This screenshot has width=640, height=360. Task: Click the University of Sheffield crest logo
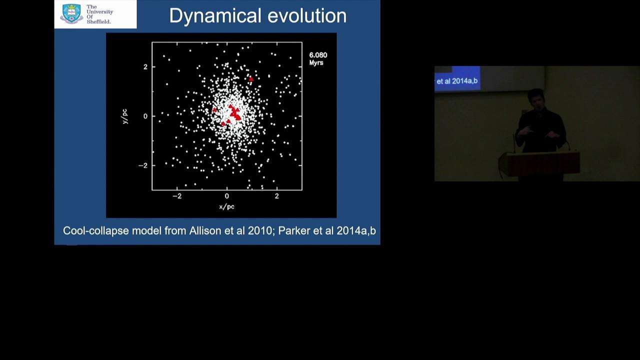click(x=71, y=13)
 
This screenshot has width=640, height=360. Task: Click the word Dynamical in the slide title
click(x=215, y=15)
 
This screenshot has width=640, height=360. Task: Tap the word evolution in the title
click(x=307, y=15)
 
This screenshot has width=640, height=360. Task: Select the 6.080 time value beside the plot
click(x=318, y=55)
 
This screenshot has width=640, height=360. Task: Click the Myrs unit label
click(x=316, y=62)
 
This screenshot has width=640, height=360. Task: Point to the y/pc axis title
click(x=125, y=116)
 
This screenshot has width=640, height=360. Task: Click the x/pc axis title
click(x=227, y=206)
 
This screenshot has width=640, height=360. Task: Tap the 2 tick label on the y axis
click(x=145, y=67)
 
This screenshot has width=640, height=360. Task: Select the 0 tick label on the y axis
click(x=145, y=116)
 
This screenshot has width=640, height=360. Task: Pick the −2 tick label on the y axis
click(x=143, y=165)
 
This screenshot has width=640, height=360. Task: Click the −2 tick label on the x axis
click(x=177, y=196)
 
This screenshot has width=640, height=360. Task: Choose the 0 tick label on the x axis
click(x=227, y=196)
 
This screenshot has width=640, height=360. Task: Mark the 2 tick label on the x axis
click(x=277, y=196)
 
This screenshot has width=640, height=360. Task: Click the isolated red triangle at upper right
click(x=251, y=79)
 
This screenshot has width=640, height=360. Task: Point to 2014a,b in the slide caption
click(x=356, y=231)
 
